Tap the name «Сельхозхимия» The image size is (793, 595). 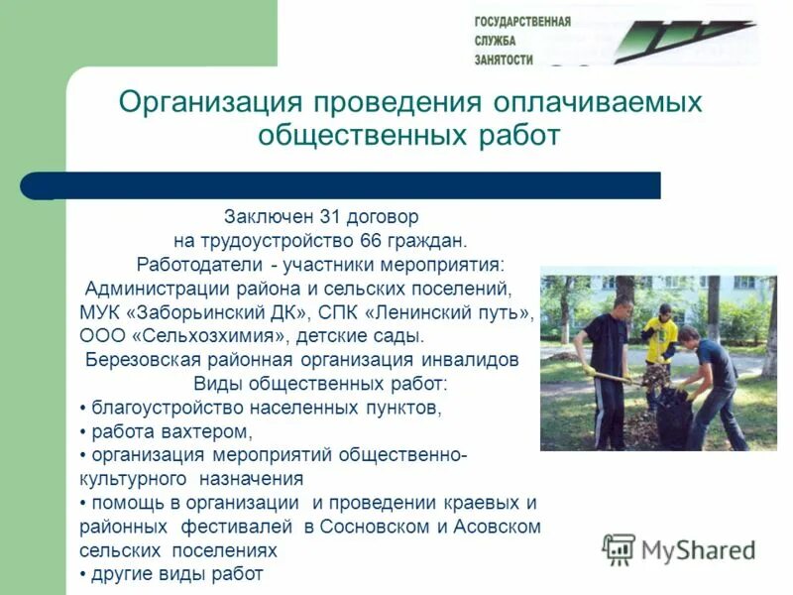coord(207,335)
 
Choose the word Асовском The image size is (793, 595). coord(497,527)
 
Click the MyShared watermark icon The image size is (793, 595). coord(619,549)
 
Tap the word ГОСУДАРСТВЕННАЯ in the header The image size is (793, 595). coord(522,21)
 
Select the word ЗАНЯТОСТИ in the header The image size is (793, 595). coord(505,59)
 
